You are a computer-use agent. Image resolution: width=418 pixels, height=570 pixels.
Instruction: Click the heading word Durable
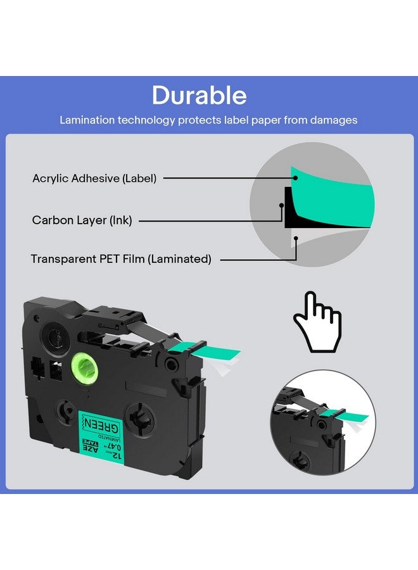coord(199,95)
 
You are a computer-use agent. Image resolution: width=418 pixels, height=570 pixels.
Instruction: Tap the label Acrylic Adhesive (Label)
coord(94,178)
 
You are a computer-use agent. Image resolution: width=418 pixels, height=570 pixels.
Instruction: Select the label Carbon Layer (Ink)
coord(82,220)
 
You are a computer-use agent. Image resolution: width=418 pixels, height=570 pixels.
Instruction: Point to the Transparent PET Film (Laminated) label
coord(121,259)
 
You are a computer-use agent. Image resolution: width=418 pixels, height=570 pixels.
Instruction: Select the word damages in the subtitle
coord(334,120)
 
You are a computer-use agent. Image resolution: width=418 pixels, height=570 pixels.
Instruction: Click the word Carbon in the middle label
coord(51,220)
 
